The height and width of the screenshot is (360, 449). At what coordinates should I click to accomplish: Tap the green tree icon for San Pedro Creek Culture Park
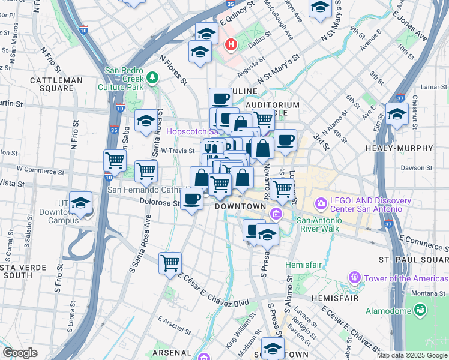(x=152, y=77)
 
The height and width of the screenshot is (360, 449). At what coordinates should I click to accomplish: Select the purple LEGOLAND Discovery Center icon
(x=320, y=204)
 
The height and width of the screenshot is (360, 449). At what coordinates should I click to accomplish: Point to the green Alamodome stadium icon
(x=420, y=310)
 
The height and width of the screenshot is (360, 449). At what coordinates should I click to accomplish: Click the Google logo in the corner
(x=20, y=353)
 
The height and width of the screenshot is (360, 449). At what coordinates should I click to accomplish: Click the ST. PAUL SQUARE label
(x=413, y=259)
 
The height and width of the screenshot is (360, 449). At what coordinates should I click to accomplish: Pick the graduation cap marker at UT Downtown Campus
(x=80, y=203)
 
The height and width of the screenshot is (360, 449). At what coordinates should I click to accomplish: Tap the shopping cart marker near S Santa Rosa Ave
(x=170, y=262)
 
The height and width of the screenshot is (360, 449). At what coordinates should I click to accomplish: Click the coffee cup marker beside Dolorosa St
(x=191, y=198)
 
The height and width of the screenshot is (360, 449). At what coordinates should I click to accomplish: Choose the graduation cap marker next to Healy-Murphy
(x=397, y=113)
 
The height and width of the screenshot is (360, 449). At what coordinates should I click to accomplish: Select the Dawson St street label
(x=418, y=168)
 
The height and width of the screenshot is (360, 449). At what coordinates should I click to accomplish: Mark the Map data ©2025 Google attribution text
(x=412, y=355)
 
